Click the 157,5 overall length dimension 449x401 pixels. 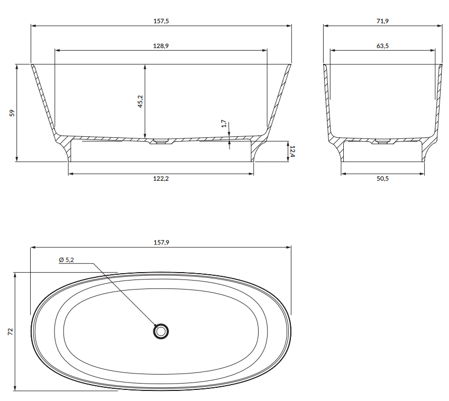pos(161,21)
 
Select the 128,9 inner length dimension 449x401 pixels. pos(161,46)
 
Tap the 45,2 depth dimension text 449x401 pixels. pos(140,101)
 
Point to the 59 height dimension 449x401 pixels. pos(12,113)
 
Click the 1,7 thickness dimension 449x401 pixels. pos(224,124)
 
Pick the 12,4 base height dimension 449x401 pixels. pos(292,151)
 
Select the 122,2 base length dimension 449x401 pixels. pos(161,179)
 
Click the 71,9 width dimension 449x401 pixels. pos(382,21)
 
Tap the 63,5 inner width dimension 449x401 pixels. pos(382,46)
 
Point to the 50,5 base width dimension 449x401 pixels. pos(382,179)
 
